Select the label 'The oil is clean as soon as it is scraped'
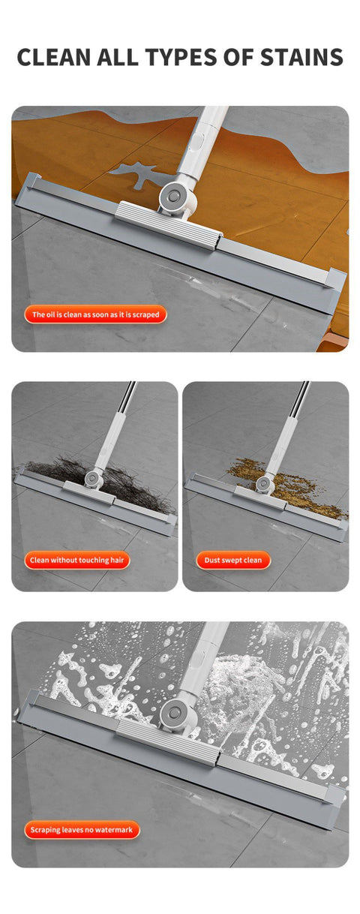(x=95, y=314)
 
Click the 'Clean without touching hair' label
(x=78, y=560)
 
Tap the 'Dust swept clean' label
(x=232, y=560)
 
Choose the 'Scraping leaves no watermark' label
(x=82, y=830)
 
